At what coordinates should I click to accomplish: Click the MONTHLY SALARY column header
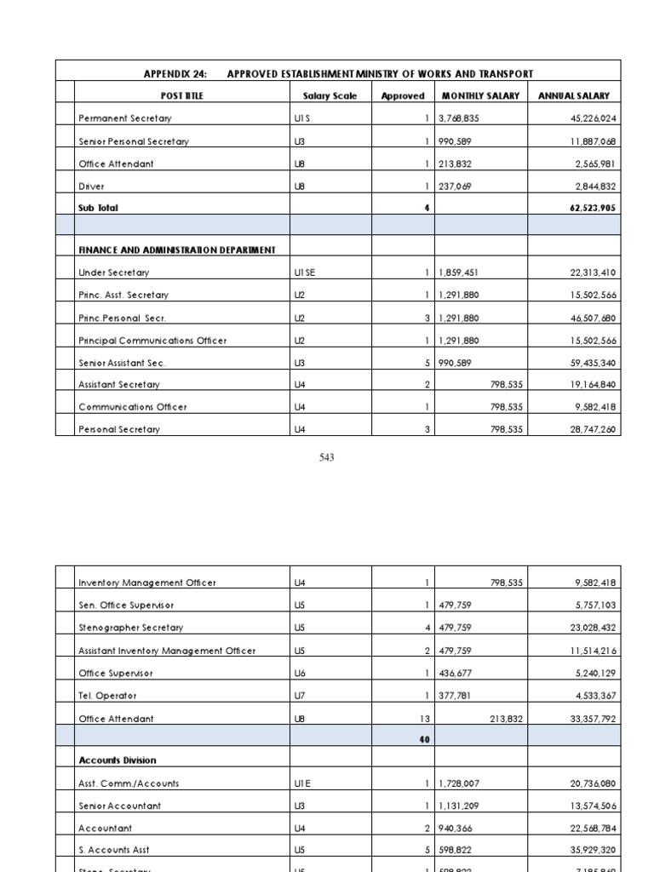(480, 96)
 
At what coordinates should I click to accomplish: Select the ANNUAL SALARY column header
(574, 96)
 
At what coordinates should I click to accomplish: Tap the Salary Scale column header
(330, 96)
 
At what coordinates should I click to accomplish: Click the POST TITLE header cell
(182, 96)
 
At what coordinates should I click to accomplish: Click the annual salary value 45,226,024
(587, 119)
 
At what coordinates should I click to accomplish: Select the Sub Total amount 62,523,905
(587, 208)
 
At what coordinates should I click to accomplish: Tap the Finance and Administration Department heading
(177, 250)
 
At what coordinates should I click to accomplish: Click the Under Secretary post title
(113, 272)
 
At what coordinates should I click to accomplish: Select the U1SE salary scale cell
(305, 272)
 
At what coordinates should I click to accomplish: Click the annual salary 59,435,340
(587, 363)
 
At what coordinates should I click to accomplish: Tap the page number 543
(327, 457)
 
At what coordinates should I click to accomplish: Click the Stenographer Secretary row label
(130, 628)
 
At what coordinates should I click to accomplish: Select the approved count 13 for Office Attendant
(423, 719)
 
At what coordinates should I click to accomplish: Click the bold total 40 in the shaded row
(424, 740)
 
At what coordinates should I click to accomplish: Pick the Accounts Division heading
(118, 760)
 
